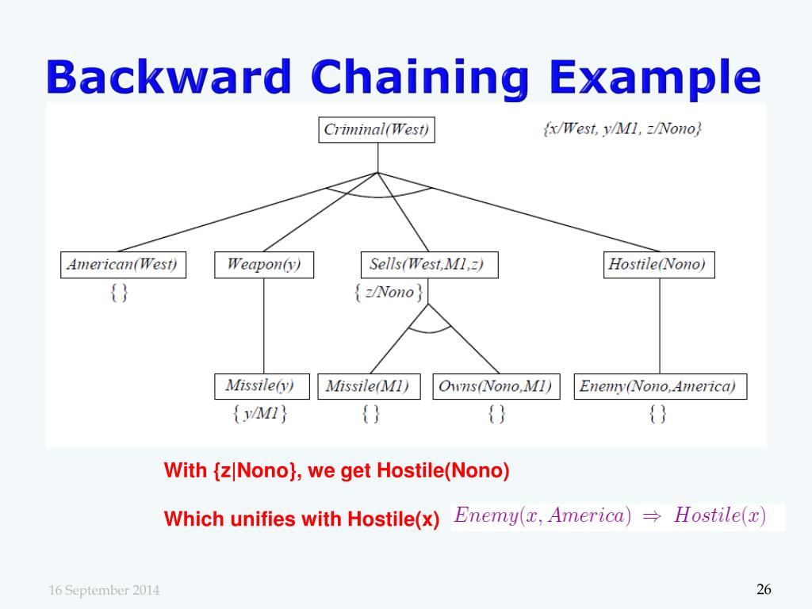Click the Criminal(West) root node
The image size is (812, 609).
(377, 130)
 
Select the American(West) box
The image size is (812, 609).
(123, 264)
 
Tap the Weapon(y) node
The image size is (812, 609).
(263, 264)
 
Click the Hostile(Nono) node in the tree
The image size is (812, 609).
(658, 264)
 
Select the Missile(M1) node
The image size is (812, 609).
(369, 386)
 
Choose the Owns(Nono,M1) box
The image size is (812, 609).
(496, 386)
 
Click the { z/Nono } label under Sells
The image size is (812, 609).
(388, 292)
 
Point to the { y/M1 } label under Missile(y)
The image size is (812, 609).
(260, 413)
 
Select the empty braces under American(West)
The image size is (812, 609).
(119, 292)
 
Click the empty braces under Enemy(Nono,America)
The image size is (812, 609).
(657, 413)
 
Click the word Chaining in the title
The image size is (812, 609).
(420, 78)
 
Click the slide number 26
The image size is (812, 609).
(764, 589)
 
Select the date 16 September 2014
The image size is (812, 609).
(104, 590)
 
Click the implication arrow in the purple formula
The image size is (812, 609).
(652, 516)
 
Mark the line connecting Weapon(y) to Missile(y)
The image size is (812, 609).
(263, 325)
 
